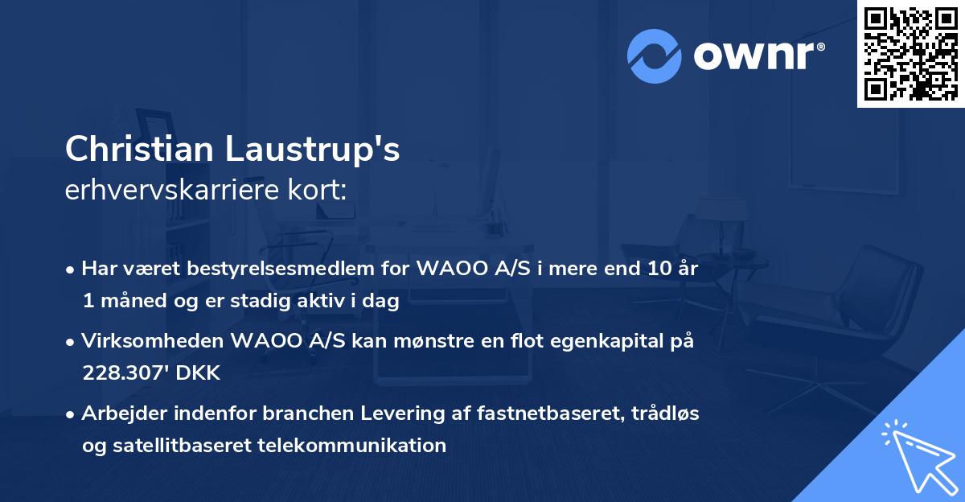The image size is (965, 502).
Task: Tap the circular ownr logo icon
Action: pyautogui.click(x=654, y=56)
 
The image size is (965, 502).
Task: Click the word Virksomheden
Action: pyautogui.click(x=152, y=342)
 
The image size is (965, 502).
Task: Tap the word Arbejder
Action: pyautogui.click(x=121, y=414)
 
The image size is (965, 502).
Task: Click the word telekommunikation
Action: pyautogui.click(x=352, y=445)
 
